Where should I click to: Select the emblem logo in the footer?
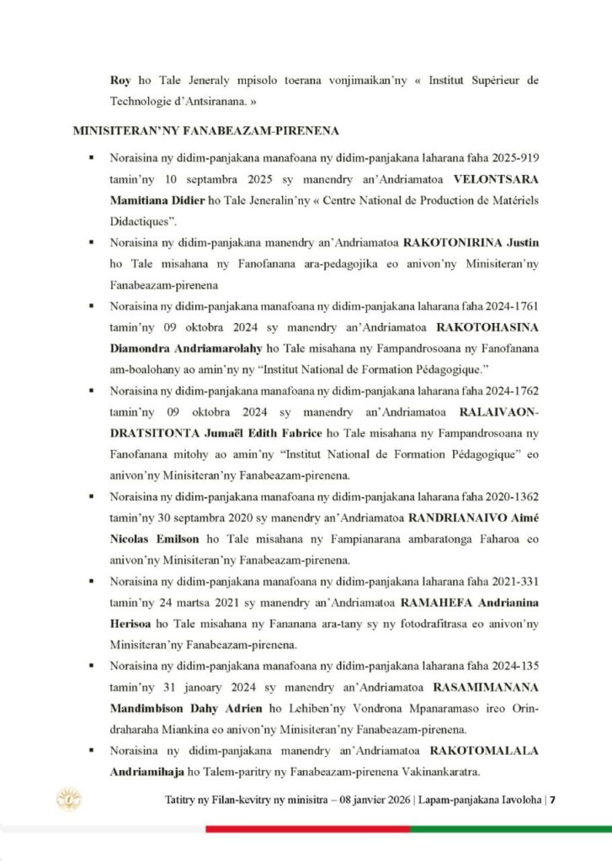click(68, 798)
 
